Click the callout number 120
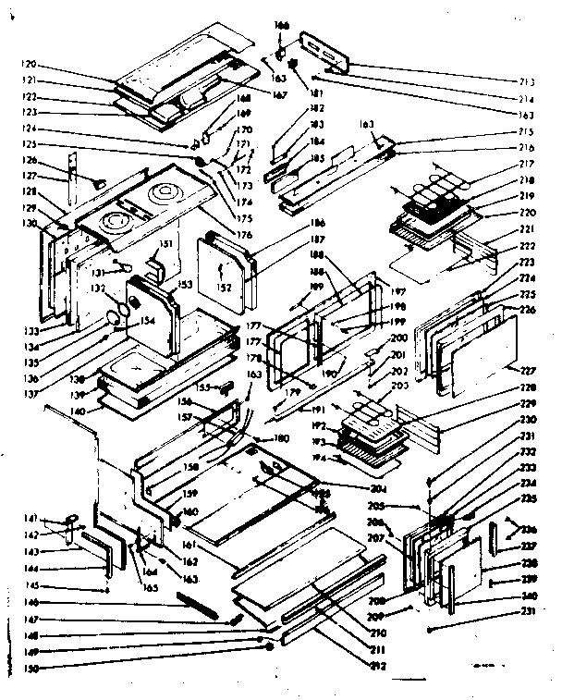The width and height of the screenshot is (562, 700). [x=30, y=64]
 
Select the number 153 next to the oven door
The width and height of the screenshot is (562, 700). [x=186, y=285]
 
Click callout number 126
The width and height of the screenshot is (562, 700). [x=29, y=159]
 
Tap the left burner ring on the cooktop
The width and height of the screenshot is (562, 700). [x=116, y=223]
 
